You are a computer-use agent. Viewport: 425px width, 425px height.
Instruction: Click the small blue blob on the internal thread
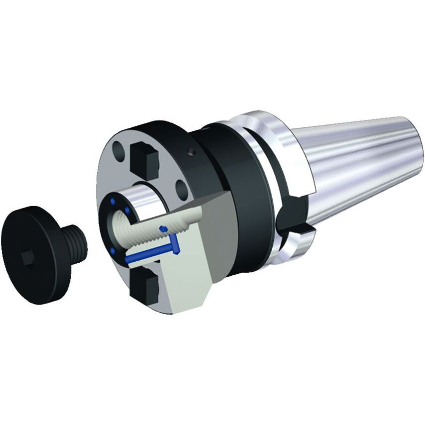coord(163,228)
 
